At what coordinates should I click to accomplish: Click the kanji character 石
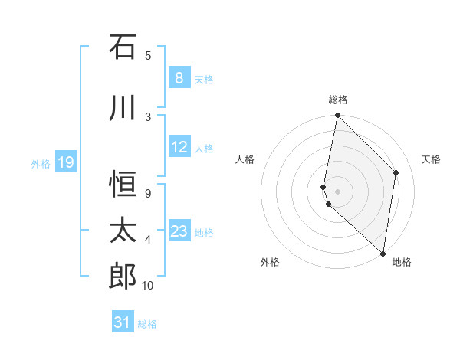point(123,47)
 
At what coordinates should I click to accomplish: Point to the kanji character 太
point(123,231)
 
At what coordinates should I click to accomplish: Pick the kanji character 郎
point(123,277)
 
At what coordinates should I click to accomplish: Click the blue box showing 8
point(179,78)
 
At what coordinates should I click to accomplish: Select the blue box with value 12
point(179,147)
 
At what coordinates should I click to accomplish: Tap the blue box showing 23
point(179,231)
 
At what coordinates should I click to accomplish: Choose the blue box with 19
point(66,162)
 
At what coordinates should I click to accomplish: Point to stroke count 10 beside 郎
point(147,286)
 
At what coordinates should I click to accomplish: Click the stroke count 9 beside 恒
point(147,194)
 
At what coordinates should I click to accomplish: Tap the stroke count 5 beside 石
point(147,55)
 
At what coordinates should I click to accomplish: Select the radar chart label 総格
point(337,100)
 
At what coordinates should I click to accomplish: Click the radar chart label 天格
point(431,159)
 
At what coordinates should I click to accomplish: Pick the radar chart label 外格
point(270,262)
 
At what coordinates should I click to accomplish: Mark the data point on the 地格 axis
point(383,254)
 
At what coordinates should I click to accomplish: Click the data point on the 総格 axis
point(337,116)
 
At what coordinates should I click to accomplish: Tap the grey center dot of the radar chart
point(337,191)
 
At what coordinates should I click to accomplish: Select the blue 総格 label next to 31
point(147,323)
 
